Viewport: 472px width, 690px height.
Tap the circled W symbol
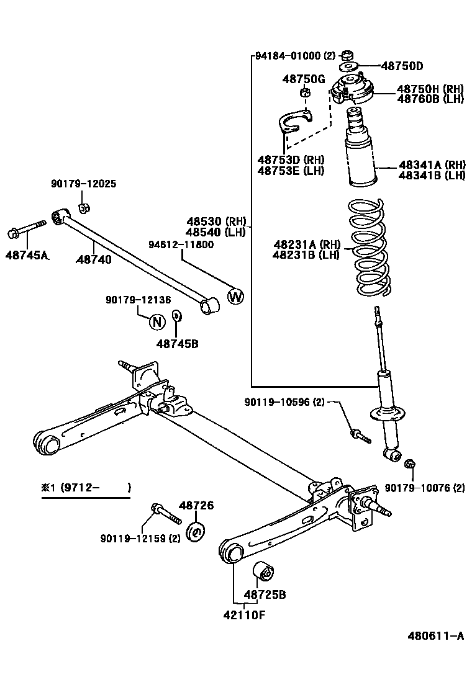pos(235,297)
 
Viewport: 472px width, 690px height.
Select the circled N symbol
pos(157,321)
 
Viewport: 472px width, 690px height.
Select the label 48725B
pos(265,594)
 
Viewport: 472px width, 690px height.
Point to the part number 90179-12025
pos(83,184)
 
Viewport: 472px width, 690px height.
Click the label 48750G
pos(304,79)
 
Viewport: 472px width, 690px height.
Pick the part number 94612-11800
pos(181,244)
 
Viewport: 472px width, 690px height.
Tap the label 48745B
pos(177,343)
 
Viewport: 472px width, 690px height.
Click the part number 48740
pos(94,259)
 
